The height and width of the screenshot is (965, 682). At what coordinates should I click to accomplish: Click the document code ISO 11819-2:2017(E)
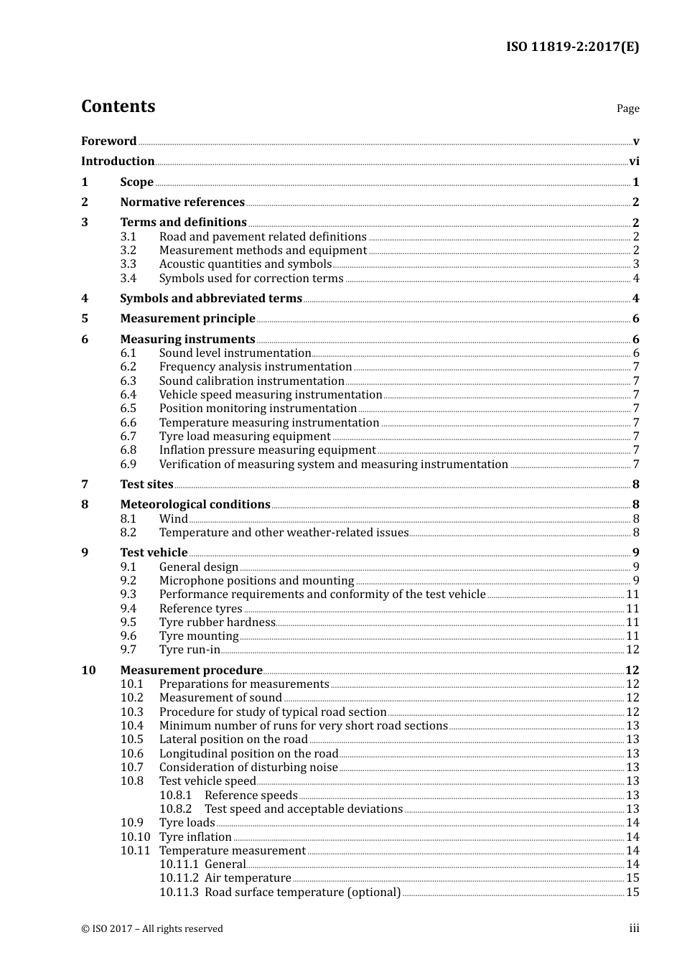[572, 47]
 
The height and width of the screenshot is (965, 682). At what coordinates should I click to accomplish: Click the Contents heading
[118, 106]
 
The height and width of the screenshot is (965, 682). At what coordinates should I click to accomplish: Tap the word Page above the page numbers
[627, 108]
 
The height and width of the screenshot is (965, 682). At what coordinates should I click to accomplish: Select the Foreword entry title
[108, 141]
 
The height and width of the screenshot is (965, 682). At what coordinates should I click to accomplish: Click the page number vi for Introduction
[634, 162]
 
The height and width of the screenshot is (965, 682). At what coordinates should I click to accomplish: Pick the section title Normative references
[182, 202]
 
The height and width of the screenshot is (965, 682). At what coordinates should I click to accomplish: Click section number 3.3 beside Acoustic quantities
[128, 264]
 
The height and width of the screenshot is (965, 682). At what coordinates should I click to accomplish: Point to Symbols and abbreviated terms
[211, 299]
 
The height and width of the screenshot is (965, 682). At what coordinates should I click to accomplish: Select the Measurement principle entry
[187, 319]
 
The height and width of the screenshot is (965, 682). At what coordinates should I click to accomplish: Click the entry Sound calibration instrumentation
[251, 381]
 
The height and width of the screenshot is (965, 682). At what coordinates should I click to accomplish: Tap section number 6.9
[128, 465]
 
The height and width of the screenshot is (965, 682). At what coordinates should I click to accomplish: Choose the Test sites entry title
[146, 485]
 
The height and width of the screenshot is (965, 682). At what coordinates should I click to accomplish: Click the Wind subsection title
[173, 519]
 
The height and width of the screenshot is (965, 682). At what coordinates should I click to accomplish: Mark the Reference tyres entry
[200, 609]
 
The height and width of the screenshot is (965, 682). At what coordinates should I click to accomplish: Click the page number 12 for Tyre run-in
[632, 650]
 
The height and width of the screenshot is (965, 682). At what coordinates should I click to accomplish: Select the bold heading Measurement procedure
[191, 671]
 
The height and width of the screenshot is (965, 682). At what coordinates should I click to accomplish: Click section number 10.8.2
[175, 809]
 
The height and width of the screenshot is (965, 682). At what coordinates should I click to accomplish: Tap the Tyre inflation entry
[195, 837]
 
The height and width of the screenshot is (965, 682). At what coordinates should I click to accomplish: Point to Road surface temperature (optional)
[302, 892]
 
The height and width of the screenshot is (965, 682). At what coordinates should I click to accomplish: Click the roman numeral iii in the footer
[634, 928]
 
